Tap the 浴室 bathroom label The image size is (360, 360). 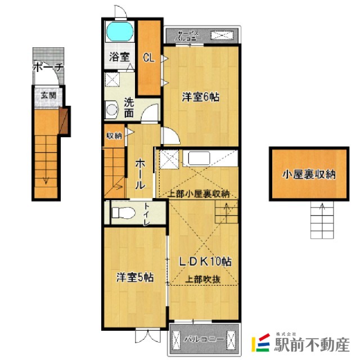tap(119, 57)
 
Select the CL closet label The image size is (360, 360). tap(148, 57)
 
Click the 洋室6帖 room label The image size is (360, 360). tap(200, 97)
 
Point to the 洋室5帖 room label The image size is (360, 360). tap(135, 277)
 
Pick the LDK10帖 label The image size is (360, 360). tap(206, 262)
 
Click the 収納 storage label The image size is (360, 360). tap(114, 135)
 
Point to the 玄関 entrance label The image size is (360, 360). tap(47, 95)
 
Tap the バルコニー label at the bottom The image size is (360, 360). tap(205, 340)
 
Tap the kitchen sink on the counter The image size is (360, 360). tap(199, 157)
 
